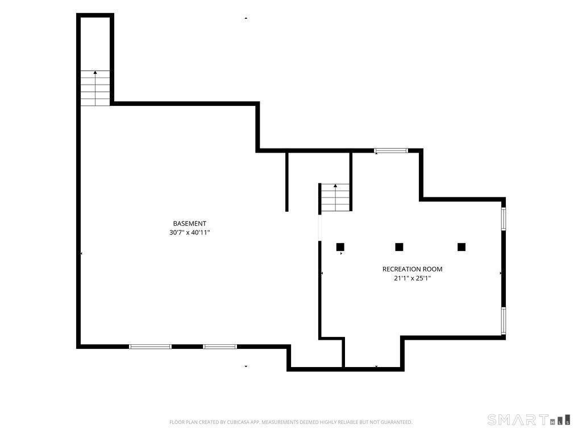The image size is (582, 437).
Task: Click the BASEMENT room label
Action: tap(189, 223)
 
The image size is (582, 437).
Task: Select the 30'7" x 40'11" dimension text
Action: tap(190, 233)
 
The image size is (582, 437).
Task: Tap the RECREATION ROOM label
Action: tap(413, 269)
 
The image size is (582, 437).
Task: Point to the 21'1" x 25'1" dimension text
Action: tap(413, 278)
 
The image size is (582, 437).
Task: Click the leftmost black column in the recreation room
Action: tap(340, 247)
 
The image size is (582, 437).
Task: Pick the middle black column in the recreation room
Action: tap(399, 247)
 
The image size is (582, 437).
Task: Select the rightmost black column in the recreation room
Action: tap(462, 247)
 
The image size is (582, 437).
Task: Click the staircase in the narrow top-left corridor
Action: tap(95, 88)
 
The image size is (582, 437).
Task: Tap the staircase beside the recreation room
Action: tap(335, 197)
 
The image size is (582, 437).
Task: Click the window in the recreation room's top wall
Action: tap(391, 150)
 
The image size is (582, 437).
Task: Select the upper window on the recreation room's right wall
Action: tap(504, 218)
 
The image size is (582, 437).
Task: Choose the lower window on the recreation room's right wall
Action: tap(504, 320)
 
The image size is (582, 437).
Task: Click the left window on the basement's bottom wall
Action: tap(150, 347)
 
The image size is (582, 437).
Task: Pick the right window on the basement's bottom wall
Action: tap(220, 347)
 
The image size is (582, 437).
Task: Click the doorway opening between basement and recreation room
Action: tap(320, 228)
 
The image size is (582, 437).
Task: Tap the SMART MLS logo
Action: tap(529, 419)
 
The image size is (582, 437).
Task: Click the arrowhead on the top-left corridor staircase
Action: tap(95, 72)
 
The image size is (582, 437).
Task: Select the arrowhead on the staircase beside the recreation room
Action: tap(335, 185)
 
